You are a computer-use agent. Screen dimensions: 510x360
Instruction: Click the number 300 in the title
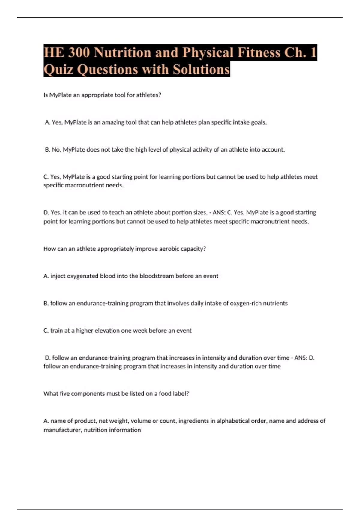(79, 52)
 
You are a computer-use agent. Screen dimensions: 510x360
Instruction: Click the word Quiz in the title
(58, 70)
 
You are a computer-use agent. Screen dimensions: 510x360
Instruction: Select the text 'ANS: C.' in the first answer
(222, 212)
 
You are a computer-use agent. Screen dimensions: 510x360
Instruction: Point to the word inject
(58, 276)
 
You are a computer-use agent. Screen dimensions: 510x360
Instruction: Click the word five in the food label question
(64, 393)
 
